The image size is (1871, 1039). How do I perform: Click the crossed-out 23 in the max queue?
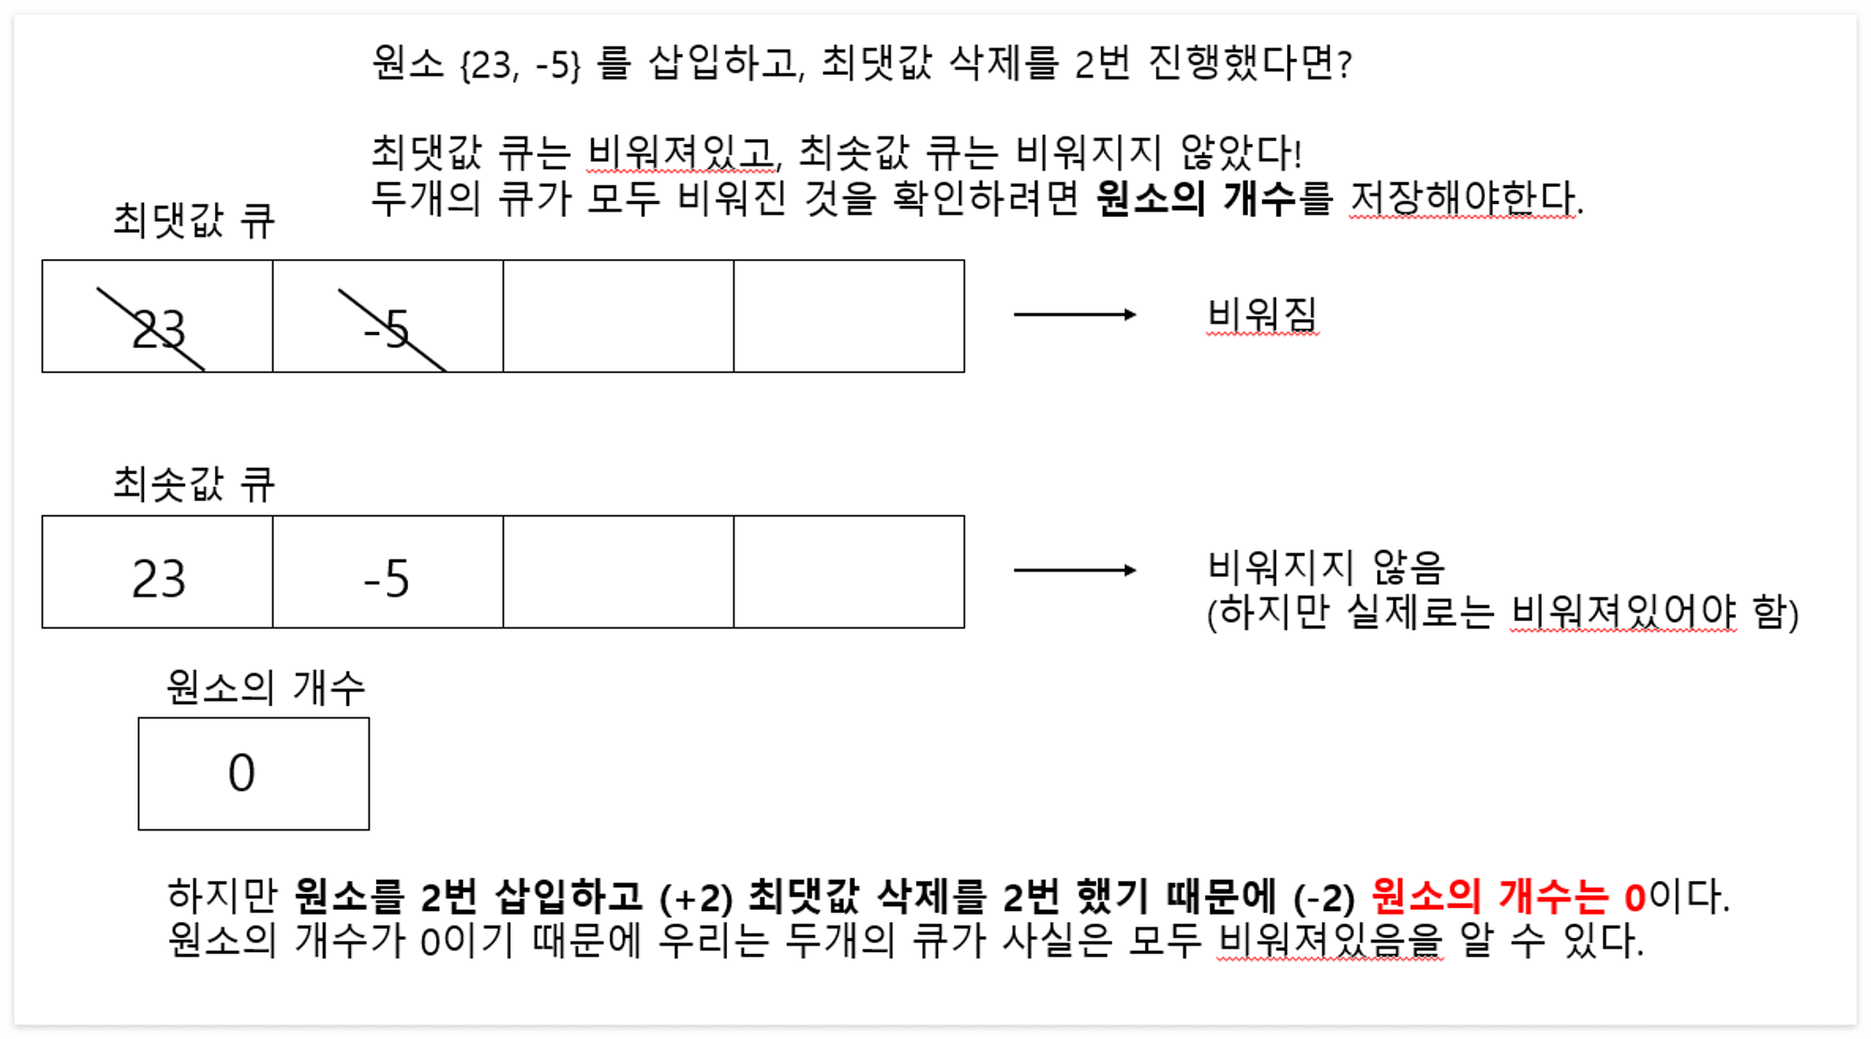158,329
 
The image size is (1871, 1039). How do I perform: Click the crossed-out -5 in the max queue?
387,329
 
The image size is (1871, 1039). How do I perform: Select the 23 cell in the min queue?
158,578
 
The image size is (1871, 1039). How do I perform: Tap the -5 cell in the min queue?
387,578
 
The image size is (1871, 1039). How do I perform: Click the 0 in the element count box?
241,773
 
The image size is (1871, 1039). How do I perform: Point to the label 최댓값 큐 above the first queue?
194,222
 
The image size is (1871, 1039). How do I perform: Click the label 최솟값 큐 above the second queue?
194,484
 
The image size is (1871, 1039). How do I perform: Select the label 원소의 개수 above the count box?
266,688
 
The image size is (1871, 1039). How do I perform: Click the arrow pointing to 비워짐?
1075,314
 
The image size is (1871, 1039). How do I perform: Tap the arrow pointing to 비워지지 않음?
1075,570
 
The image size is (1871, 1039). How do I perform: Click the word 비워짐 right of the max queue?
1262,315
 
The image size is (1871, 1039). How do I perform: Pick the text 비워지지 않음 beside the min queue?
1326,567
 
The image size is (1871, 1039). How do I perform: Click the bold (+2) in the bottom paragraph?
696,898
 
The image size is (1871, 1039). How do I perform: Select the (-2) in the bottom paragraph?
1324,898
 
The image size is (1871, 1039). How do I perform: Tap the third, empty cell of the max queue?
618,316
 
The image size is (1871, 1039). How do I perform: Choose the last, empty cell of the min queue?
848,571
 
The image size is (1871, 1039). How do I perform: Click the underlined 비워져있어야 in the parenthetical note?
1624,613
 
